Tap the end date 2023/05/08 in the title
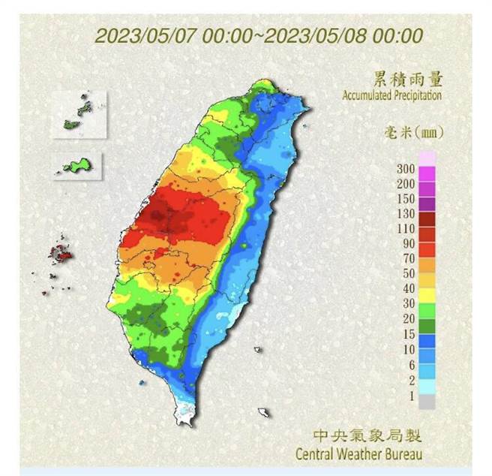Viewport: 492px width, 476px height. (x=314, y=35)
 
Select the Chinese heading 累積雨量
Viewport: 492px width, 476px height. (x=406, y=79)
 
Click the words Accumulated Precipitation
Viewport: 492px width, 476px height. (x=392, y=96)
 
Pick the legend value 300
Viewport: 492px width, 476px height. (x=406, y=169)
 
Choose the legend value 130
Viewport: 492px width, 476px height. (x=406, y=214)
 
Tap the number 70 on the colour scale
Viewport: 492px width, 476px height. (x=409, y=258)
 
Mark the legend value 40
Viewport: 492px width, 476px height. (x=409, y=288)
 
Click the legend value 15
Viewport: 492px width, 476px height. (x=409, y=333)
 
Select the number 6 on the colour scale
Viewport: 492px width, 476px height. (x=412, y=363)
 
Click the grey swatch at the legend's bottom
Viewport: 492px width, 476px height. (x=427, y=402)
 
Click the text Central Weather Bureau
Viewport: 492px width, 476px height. (x=358, y=454)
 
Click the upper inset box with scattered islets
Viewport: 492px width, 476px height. (x=79, y=114)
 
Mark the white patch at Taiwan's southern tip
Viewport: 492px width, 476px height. (x=185, y=411)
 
